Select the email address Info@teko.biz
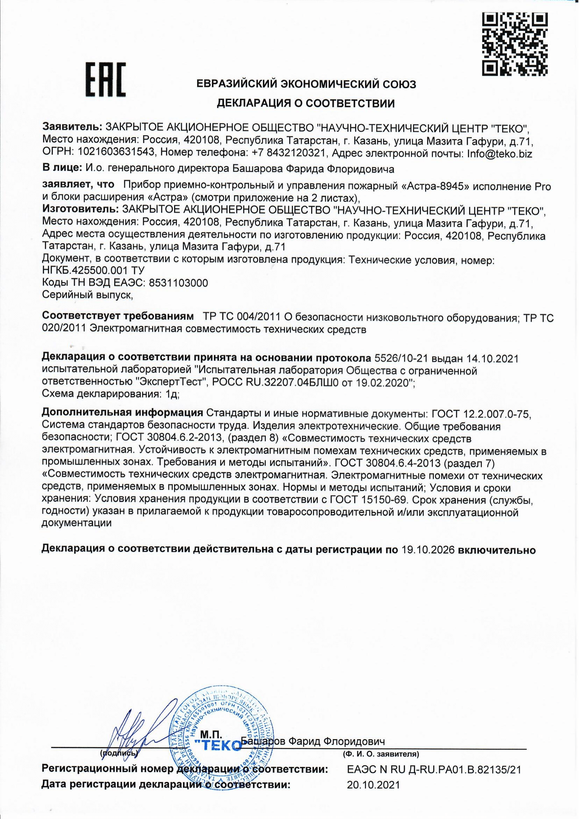coord(500,154)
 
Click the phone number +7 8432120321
coord(289,154)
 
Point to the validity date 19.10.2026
coord(428,549)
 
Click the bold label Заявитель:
coord(72,127)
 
